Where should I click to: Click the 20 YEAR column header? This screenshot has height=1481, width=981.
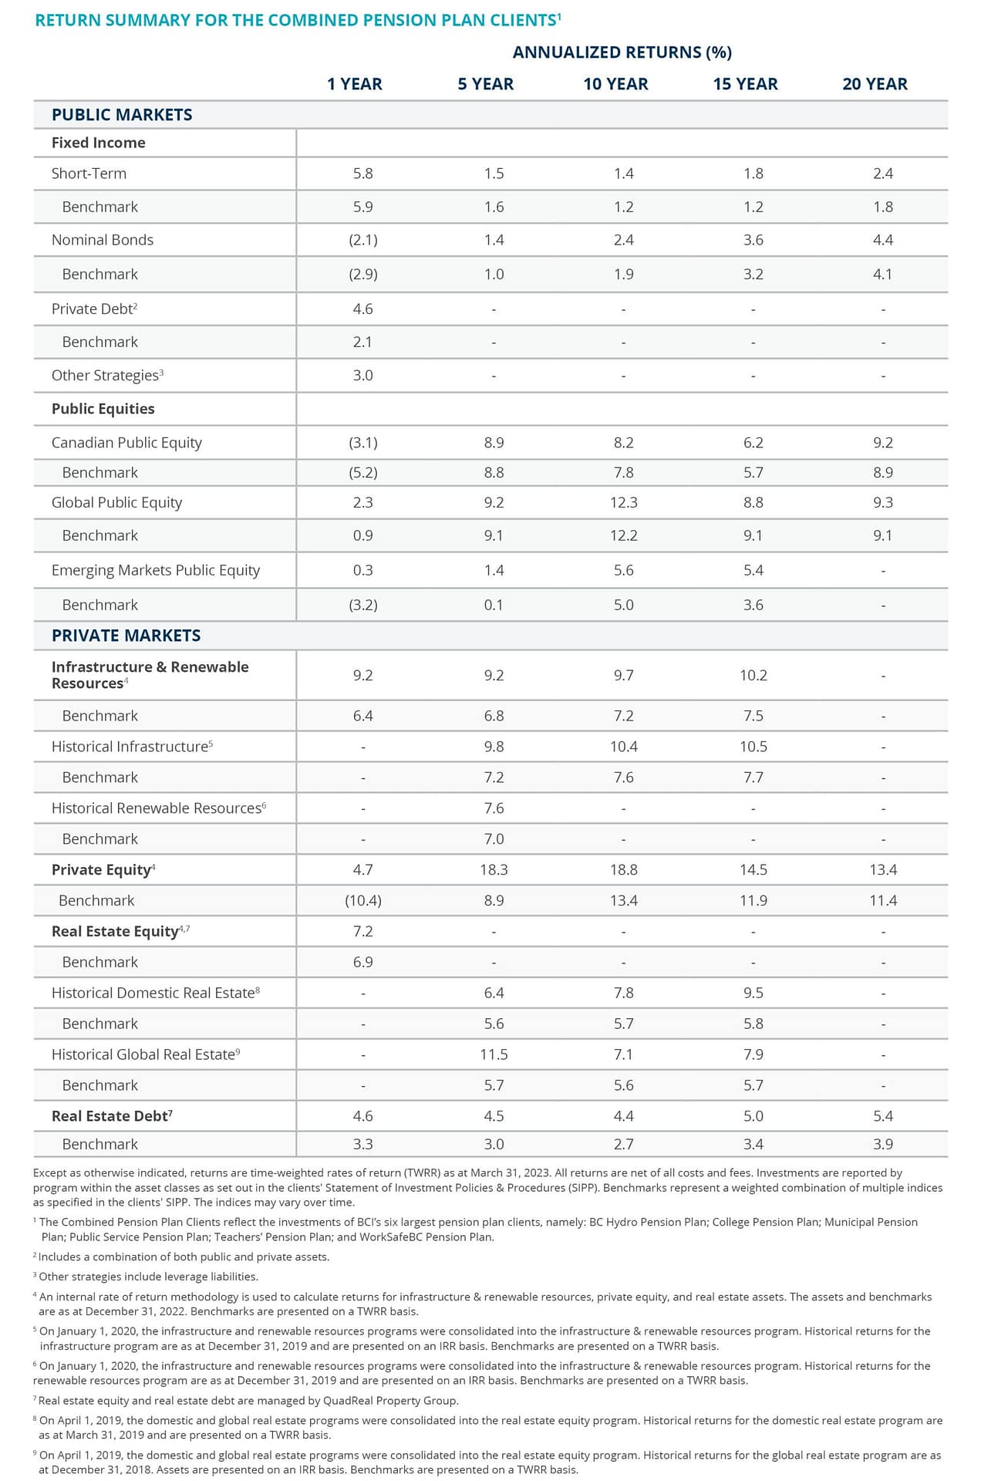pyautogui.click(x=875, y=84)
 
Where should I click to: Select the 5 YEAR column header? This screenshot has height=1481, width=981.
pyautogui.click(x=485, y=84)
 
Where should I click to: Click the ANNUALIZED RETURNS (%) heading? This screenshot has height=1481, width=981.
pyautogui.click(x=622, y=52)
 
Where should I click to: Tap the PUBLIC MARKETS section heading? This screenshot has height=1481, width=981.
pyautogui.click(x=122, y=115)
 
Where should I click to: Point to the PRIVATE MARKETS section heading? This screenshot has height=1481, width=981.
pyautogui.click(x=126, y=636)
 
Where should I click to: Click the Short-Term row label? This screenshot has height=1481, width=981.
pyautogui.click(x=89, y=174)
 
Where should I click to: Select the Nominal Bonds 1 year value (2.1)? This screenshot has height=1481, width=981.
pyautogui.click(x=362, y=240)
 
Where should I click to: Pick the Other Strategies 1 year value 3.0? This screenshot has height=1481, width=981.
pyautogui.click(x=362, y=376)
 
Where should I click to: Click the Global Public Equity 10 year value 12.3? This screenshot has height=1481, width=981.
pyautogui.click(x=623, y=503)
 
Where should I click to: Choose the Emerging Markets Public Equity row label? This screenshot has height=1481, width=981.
pyautogui.click(x=155, y=570)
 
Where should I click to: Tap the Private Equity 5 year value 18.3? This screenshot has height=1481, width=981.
pyautogui.click(x=494, y=870)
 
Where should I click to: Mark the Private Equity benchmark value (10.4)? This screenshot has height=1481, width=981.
pyautogui.click(x=362, y=901)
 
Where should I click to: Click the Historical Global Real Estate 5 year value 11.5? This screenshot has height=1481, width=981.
pyautogui.click(x=494, y=1054)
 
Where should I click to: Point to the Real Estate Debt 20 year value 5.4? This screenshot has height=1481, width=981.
pyautogui.click(x=883, y=1116)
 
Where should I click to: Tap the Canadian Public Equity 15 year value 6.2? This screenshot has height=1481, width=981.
pyautogui.click(x=753, y=443)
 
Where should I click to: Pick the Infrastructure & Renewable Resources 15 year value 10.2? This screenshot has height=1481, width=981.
pyautogui.click(x=753, y=676)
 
